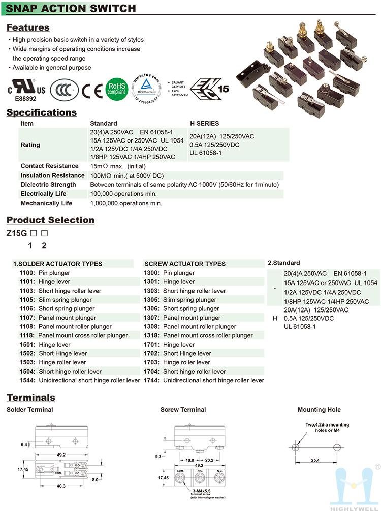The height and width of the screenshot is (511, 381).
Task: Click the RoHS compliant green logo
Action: (116, 88)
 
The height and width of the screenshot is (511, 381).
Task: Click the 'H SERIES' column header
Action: (204, 123)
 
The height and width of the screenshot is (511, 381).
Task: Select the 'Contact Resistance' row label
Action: (49, 166)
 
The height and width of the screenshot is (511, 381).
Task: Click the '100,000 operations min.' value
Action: (123, 194)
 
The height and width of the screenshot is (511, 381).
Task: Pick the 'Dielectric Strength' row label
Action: (48, 185)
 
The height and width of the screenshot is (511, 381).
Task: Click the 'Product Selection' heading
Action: (50, 220)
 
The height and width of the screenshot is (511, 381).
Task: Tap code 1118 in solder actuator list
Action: (27, 335)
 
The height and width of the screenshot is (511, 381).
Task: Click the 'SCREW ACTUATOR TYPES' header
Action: (185, 264)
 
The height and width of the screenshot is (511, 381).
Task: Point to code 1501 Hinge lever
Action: (27, 345)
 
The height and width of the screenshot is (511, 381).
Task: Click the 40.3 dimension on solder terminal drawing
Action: (61, 486)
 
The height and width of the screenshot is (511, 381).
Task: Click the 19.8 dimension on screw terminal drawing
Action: (190, 460)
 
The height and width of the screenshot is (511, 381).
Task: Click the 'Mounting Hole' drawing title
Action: (319, 410)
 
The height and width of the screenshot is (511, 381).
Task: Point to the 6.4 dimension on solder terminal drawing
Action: (24, 444)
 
